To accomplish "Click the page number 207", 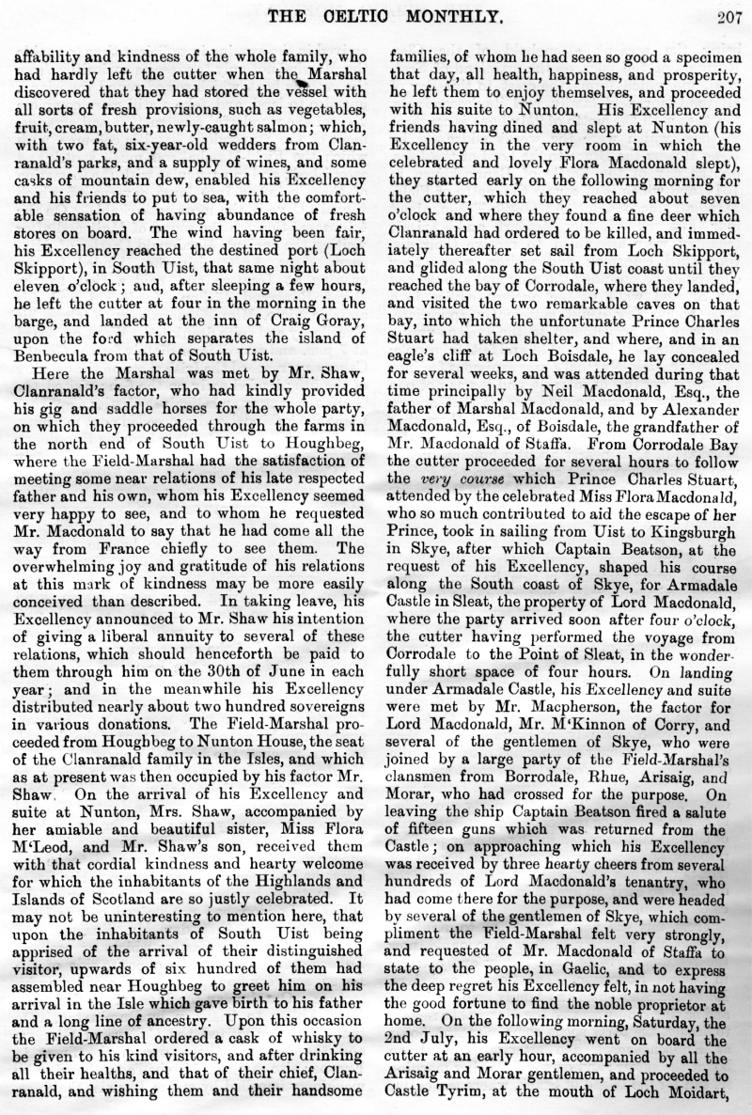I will (x=728, y=14).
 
